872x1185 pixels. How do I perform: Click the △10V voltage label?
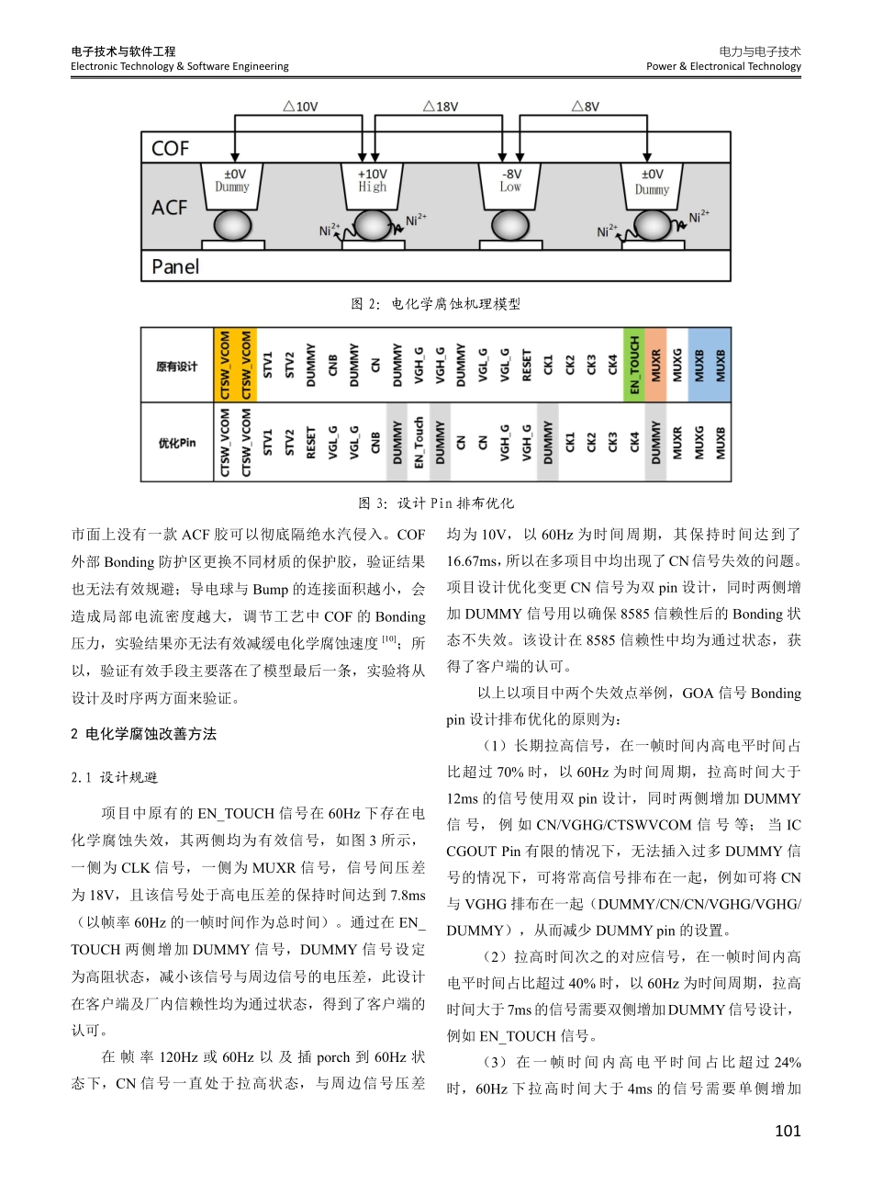coord(300,107)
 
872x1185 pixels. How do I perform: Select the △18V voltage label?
coord(441,107)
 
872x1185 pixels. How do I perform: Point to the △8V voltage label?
coord(585,107)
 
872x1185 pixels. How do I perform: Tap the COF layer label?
coord(171,149)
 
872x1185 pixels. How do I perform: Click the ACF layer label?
coord(170,208)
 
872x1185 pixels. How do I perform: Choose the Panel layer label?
coord(175,266)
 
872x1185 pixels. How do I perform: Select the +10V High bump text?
coord(372,180)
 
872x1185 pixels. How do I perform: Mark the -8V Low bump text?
coord(510,180)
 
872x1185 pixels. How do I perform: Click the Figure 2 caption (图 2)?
coord(436,304)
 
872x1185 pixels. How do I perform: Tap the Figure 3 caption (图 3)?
coord(436,502)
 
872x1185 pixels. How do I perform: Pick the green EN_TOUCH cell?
coord(634,366)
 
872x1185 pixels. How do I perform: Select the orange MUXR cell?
coord(656,366)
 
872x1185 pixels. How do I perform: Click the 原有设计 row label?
coord(176,367)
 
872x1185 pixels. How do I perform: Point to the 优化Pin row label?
coord(176,443)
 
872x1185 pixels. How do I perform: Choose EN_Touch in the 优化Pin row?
coord(419,443)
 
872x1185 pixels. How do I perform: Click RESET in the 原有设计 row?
coord(527,366)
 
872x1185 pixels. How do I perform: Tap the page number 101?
coord(788,1131)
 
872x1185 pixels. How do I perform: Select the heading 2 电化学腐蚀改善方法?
coord(144,734)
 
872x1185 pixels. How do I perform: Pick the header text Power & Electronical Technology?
coord(723,66)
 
